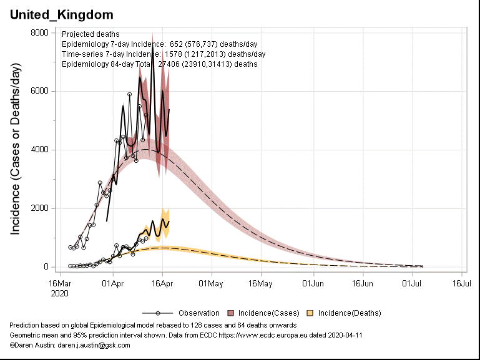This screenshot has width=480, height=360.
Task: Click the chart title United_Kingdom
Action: (x=61, y=13)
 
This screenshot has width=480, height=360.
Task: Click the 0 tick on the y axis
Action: (x=46, y=267)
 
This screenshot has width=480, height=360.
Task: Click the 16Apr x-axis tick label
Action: (x=162, y=283)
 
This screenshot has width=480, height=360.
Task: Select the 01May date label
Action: (x=212, y=283)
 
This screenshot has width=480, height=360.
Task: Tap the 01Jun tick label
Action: (x=313, y=283)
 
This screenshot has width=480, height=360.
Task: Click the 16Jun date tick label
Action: (x=362, y=283)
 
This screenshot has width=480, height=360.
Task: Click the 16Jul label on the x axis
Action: (x=461, y=283)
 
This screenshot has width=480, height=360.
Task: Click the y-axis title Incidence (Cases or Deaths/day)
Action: (x=16, y=150)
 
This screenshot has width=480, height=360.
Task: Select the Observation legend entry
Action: (x=198, y=313)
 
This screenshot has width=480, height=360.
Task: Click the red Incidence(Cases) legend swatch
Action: (x=231, y=313)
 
